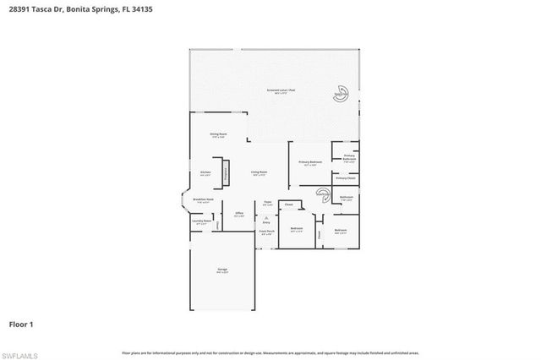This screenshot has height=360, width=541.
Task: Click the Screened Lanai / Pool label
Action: [273, 92]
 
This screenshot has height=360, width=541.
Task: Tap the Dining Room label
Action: [217, 136]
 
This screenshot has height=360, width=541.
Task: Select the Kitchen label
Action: [205, 174]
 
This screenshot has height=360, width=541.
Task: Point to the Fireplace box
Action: [226, 174]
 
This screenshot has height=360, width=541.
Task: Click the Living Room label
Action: [259, 174]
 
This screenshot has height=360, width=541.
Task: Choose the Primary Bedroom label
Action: [309, 163]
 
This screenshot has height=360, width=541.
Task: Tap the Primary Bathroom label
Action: [349, 158]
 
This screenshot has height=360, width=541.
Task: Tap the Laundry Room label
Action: [202, 222]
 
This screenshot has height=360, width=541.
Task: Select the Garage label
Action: [221, 270]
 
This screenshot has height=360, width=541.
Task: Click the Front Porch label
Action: [266, 232]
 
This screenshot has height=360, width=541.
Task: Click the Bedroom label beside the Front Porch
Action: [296, 230]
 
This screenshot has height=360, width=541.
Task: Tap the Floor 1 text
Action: [22, 323]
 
